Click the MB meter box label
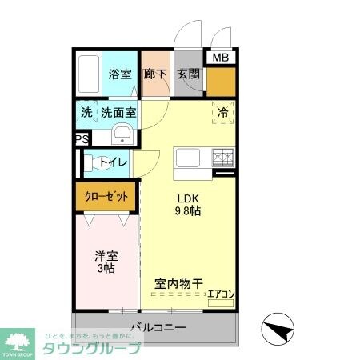[x=219, y=57]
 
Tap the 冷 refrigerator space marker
[x=223, y=113]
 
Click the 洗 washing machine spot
[x=86, y=113]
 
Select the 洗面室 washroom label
[x=118, y=113]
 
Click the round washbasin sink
[x=122, y=134]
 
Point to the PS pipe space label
[x=81, y=139]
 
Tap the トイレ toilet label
[x=113, y=162]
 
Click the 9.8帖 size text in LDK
[x=189, y=212]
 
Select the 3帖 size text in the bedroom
[x=106, y=269]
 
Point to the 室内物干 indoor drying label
[x=178, y=282]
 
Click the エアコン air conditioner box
[x=220, y=294]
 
